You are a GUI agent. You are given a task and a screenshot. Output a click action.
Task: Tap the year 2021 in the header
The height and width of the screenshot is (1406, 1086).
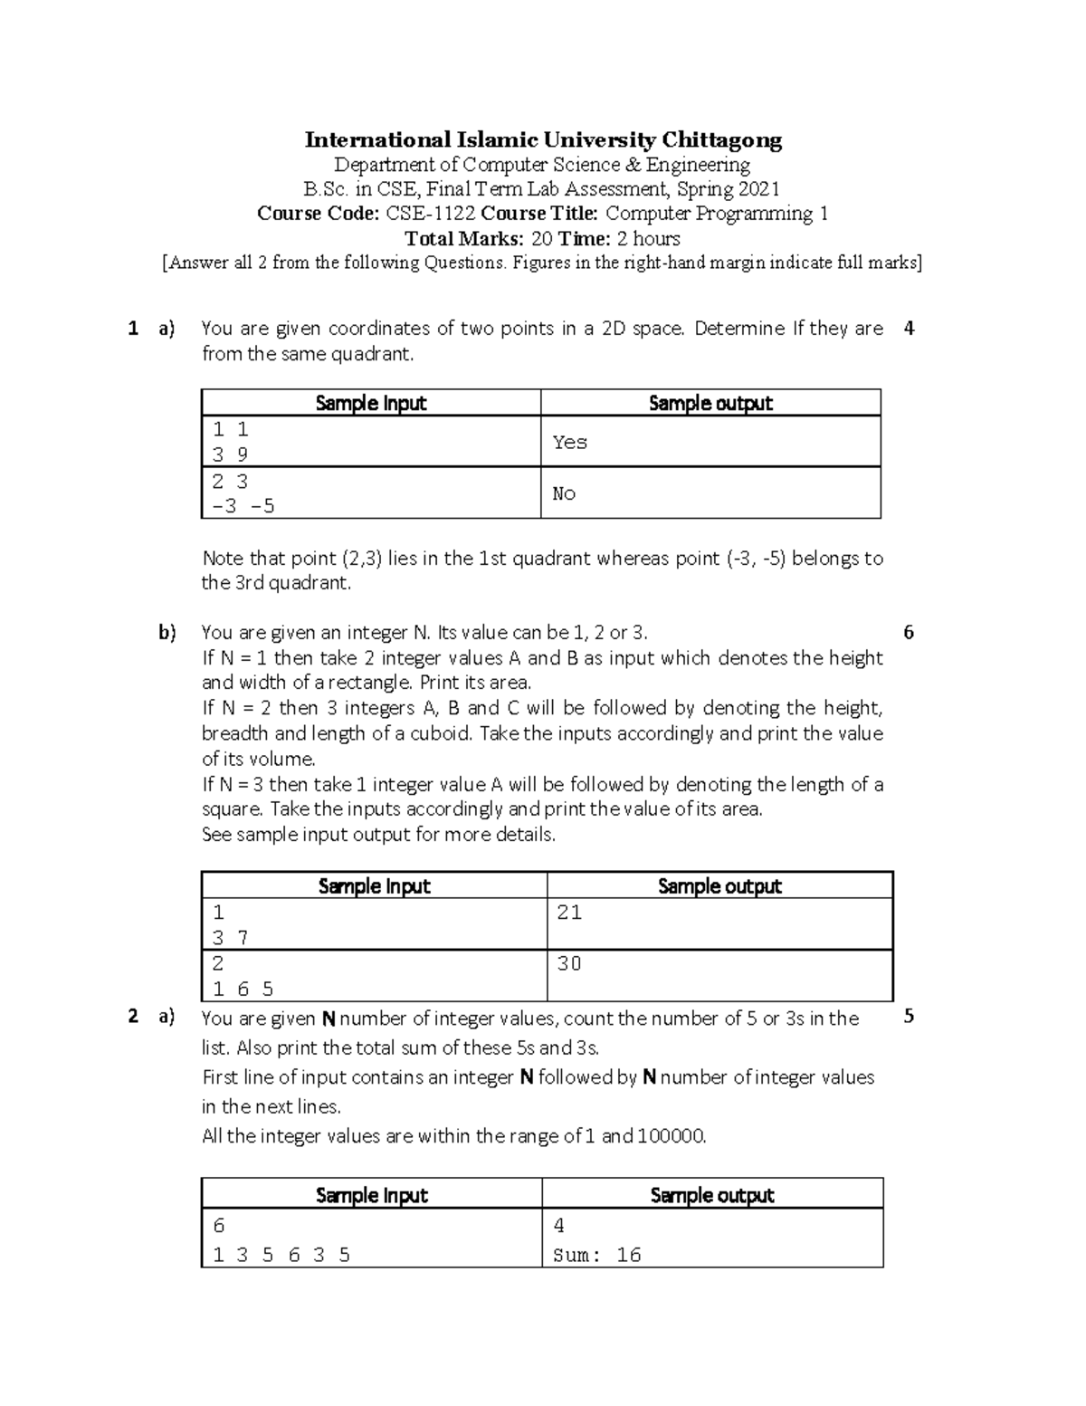click(757, 189)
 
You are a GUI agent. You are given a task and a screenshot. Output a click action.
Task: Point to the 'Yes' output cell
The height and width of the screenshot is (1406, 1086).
click(570, 442)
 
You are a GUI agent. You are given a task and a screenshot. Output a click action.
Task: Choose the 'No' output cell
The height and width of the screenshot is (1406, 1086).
click(564, 493)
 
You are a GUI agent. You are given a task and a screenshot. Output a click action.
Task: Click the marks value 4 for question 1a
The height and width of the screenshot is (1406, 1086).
click(909, 329)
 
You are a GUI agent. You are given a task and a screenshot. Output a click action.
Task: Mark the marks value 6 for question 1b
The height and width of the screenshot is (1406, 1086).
click(909, 633)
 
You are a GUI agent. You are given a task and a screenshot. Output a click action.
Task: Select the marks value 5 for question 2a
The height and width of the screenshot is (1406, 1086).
click(909, 1017)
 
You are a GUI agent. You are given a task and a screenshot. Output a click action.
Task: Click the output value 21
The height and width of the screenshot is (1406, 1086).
click(569, 913)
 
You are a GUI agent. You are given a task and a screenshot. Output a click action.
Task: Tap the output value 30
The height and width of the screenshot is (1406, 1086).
click(569, 963)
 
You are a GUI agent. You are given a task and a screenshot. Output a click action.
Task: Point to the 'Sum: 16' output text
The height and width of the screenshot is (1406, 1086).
click(596, 1255)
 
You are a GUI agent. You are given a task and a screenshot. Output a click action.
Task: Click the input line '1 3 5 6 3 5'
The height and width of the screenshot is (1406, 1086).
click(281, 1255)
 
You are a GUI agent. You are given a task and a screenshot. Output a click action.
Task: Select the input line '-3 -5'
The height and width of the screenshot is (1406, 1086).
click(243, 506)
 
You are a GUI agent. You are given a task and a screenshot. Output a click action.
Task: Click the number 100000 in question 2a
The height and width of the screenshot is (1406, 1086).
click(670, 1136)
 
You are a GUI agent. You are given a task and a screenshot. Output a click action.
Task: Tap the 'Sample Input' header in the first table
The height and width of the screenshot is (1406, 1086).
click(371, 403)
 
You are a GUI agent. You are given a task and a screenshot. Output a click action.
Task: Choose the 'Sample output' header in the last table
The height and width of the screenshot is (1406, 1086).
click(712, 1195)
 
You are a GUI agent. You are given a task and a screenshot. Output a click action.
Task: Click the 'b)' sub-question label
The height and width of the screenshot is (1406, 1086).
click(167, 633)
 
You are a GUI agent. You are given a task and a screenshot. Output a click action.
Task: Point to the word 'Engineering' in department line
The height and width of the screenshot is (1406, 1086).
click(698, 165)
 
